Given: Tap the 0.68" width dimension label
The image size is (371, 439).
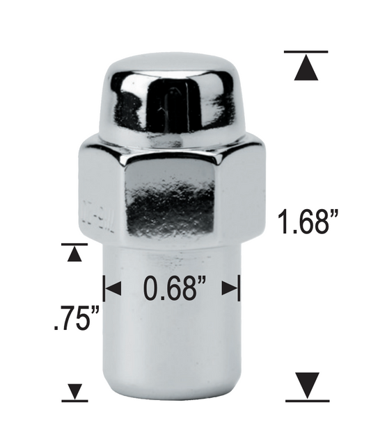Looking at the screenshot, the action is (x=175, y=288).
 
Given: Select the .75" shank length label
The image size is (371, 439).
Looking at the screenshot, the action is (x=77, y=319).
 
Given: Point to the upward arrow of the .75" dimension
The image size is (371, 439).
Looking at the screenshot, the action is (x=74, y=255).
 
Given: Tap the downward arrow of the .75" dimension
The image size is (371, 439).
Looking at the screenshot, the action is (x=74, y=391).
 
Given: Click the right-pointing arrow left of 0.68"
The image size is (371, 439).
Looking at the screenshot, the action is (x=112, y=288).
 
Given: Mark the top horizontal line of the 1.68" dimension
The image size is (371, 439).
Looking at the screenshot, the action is (x=306, y=52).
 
